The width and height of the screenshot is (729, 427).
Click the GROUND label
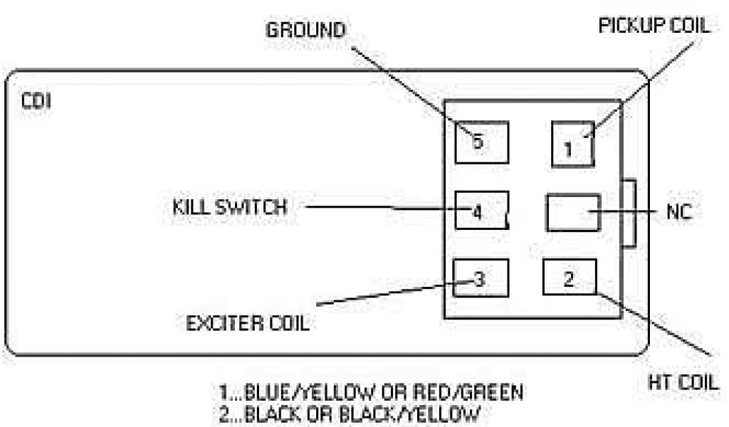point(305,31)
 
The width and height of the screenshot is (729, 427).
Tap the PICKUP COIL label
point(654,26)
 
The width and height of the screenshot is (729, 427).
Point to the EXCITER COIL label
point(247,324)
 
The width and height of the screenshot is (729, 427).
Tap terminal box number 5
point(482,141)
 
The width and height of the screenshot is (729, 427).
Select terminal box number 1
point(572,143)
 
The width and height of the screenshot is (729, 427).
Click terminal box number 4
point(481,211)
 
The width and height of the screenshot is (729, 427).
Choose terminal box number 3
point(481,278)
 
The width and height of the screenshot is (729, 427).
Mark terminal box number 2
point(570,278)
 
